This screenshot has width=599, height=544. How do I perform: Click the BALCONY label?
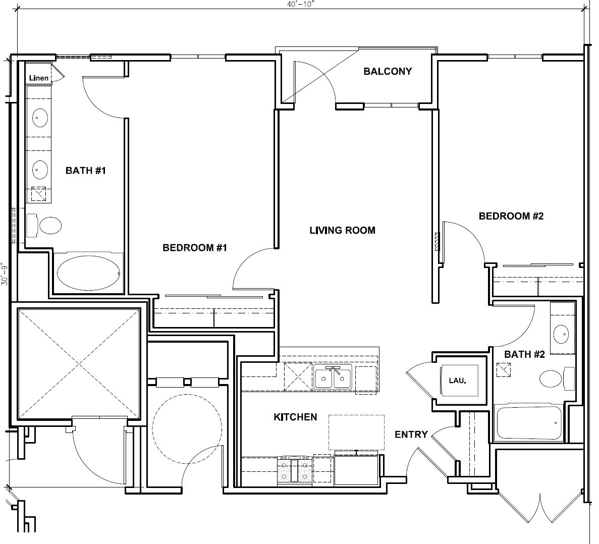388,72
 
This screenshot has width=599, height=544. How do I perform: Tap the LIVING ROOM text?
342,231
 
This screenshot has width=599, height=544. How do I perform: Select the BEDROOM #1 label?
195,248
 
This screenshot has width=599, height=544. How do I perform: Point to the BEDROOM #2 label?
511,216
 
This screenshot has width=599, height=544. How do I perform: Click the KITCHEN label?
295,417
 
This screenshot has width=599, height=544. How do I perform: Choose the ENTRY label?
411,434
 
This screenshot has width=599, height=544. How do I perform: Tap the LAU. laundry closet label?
457,380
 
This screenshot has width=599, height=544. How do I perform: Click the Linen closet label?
39,78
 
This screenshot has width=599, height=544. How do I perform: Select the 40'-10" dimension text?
301,4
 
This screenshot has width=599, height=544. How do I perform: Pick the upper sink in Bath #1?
40,119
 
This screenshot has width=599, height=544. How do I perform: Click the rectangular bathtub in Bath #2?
529,423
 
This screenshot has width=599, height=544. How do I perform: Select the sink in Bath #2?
561,334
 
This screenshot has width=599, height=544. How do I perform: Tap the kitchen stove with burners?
294,471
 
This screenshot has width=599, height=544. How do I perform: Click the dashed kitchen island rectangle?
356,432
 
